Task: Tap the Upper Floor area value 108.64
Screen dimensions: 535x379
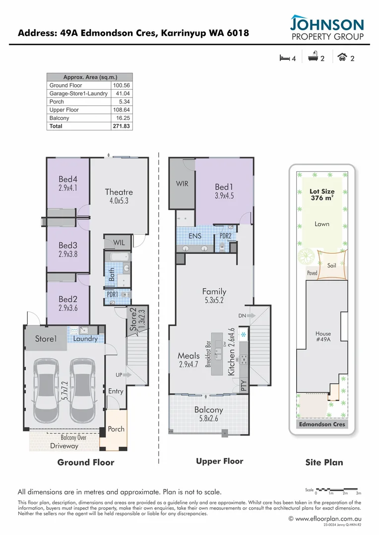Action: (x=122, y=110)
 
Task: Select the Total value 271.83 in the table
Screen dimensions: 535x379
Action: (x=122, y=126)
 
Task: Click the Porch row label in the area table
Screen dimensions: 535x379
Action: (x=57, y=102)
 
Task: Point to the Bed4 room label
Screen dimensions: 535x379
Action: (x=68, y=179)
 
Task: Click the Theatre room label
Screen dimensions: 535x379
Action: (x=119, y=192)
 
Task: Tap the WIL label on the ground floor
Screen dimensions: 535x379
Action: (x=119, y=243)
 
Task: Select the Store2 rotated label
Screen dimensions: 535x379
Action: (x=133, y=320)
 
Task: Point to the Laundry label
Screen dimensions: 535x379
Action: (x=85, y=339)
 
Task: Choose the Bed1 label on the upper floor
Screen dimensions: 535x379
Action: (x=224, y=187)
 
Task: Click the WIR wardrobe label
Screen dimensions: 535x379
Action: (x=182, y=184)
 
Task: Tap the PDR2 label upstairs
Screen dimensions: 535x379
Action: (x=226, y=236)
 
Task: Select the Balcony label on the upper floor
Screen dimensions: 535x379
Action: (x=208, y=410)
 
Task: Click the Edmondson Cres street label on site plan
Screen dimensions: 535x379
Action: (x=322, y=425)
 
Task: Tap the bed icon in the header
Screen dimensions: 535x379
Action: (x=285, y=58)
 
